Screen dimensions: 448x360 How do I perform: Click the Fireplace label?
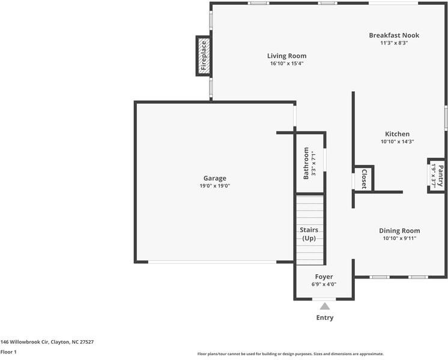click(x=204, y=56)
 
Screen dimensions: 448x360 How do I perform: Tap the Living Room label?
click(x=287, y=56)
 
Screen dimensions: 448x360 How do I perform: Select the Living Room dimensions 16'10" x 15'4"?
click(x=287, y=64)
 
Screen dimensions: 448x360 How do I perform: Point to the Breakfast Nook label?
click(x=394, y=35)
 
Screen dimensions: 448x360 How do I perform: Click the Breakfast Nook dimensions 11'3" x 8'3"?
click(x=394, y=43)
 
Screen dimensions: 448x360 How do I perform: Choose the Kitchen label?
click(x=397, y=134)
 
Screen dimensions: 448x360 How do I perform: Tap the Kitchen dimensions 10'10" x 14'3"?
click(x=397, y=142)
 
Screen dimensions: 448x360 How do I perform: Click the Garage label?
click(x=215, y=178)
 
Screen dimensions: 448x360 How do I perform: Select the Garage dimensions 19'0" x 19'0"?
click(x=215, y=186)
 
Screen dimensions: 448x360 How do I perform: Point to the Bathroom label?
click(x=306, y=163)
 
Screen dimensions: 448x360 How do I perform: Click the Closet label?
click(x=365, y=179)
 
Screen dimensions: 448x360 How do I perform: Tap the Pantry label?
click(x=441, y=176)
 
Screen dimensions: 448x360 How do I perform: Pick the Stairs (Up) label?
click(x=309, y=234)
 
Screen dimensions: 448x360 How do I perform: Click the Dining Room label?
click(x=399, y=230)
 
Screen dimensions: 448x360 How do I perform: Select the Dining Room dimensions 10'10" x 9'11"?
click(x=399, y=238)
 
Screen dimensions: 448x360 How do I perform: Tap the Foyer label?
click(x=324, y=277)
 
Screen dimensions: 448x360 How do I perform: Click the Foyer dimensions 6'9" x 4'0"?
click(x=324, y=284)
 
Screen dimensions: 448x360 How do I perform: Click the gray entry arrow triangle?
click(x=325, y=307)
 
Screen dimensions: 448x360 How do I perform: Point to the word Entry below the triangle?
click(x=325, y=318)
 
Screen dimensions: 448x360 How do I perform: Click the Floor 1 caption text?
click(x=8, y=352)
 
